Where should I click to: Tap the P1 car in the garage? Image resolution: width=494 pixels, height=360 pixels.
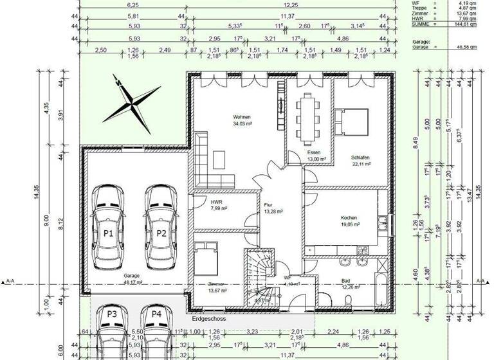click(107, 228)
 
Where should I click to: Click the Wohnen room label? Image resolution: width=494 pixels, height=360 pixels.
click(242, 117)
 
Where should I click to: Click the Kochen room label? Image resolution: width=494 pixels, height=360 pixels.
click(349, 218)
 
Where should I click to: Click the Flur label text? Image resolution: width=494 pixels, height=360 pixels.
click(268, 206)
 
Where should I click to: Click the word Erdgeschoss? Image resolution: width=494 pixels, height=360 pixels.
click(209, 318)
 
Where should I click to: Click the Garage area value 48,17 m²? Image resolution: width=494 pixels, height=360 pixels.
click(132, 282)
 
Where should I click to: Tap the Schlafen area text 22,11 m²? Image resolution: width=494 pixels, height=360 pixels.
click(360, 164)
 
